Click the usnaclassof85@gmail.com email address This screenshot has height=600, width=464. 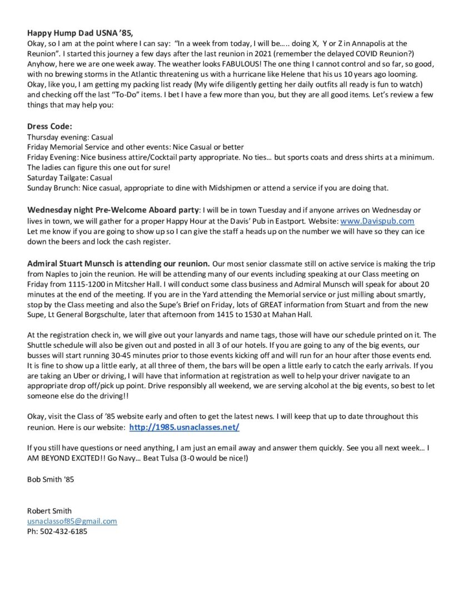pos(72,521)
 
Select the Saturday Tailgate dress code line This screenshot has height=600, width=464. pos(69,178)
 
